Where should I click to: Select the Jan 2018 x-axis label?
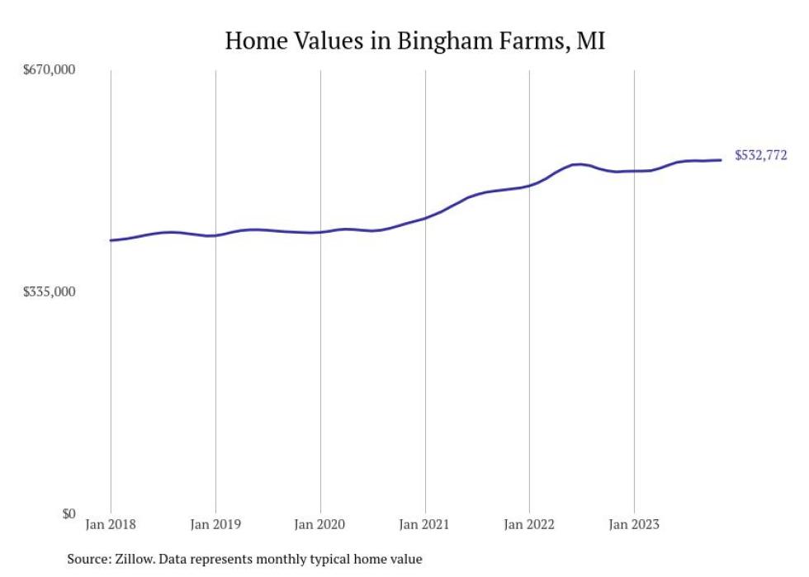111,524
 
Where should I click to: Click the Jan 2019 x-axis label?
215,524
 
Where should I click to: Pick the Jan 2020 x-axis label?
319,524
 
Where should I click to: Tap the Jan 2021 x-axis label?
424,524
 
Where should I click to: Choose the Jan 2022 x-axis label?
529,524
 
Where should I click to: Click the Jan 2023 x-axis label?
634,524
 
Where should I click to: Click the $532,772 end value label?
760,155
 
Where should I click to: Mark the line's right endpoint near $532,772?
721,160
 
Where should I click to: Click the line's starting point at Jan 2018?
111,240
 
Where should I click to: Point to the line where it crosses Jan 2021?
424,218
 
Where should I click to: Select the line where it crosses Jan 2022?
529,185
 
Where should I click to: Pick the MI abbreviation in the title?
591,40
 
